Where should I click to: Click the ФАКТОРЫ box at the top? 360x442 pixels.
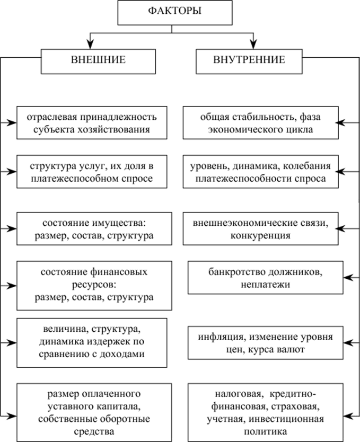(171, 13)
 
